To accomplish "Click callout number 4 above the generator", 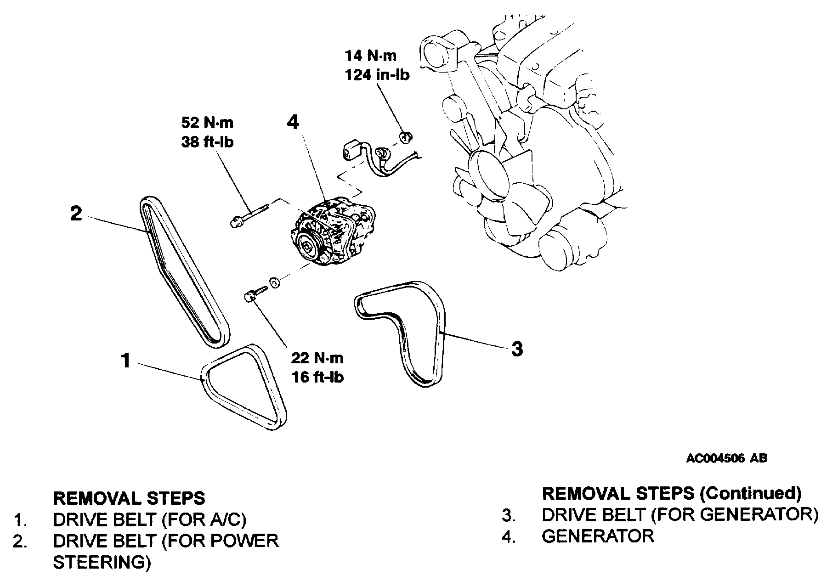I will point(293,122).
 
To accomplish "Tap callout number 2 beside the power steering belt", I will point(76,214).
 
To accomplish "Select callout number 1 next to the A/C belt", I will point(125,361).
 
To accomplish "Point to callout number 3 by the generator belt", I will point(517,349).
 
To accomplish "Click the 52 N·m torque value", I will point(207,123).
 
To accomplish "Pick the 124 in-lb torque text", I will point(377,75).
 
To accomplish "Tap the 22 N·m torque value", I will point(317,358).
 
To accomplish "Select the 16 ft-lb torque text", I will point(317,377).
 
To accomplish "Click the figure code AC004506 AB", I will point(726,458).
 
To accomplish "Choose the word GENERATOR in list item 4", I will point(598,536).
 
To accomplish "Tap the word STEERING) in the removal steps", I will point(102,563).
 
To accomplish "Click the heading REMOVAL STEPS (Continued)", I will point(672,493).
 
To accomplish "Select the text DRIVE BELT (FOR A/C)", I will point(150,519).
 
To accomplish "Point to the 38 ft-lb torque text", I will point(207,142).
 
